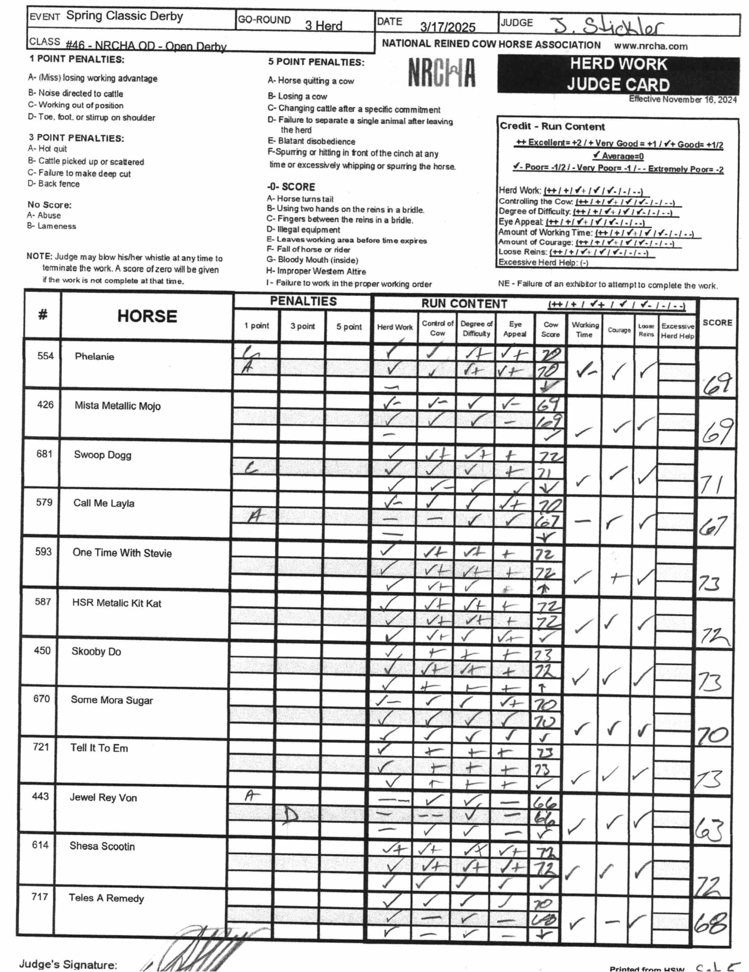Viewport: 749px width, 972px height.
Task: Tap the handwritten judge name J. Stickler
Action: pyautogui.click(x=608, y=27)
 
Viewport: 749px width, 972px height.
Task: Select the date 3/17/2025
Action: pyautogui.click(x=448, y=28)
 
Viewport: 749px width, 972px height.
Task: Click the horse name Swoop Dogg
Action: pyautogui.click(x=103, y=455)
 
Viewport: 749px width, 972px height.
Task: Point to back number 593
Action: pyautogui.click(x=44, y=552)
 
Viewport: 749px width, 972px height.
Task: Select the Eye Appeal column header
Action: pyautogui.click(x=515, y=329)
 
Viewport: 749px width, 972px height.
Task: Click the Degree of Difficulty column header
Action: pyautogui.click(x=476, y=328)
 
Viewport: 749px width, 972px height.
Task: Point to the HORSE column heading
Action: pyautogui.click(x=147, y=316)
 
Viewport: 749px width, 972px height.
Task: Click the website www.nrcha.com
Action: pyautogui.click(x=651, y=46)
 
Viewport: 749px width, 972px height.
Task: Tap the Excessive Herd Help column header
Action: pyautogui.click(x=677, y=331)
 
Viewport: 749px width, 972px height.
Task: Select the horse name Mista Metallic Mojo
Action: pyautogui.click(x=117, y=406)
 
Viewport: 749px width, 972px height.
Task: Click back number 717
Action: pyautogui.click(x=40, y=897)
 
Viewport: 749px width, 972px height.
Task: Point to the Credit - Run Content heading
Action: pyautogui.click(x=552, y=126)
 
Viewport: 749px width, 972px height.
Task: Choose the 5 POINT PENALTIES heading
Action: pyautogui.click(x=316, y=62)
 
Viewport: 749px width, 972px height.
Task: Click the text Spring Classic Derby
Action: pyautogui.click(x=125, y=16)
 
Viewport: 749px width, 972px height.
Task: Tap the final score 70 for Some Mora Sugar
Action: pyautogui.click(x=713, y=735)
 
